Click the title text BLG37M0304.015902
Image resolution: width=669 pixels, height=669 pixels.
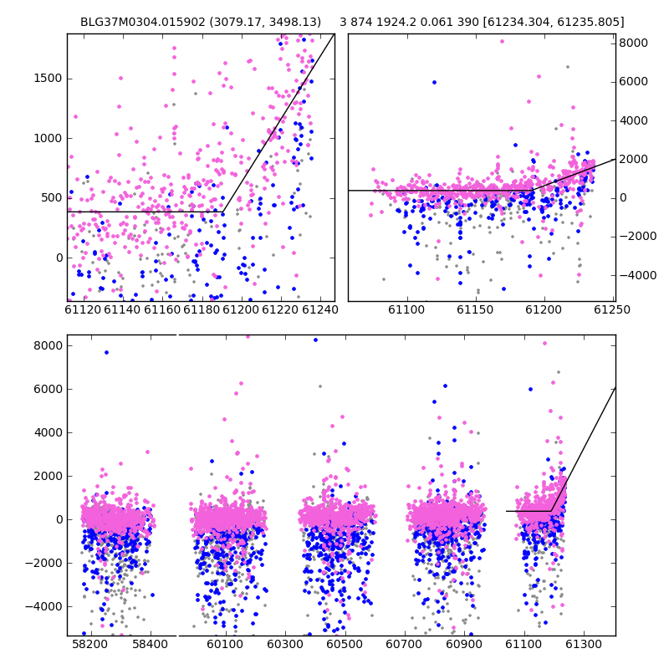pos(143,22)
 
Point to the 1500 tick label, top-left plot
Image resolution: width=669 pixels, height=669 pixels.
pos(48,79)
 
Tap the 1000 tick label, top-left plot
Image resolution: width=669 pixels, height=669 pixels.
pos(48,138)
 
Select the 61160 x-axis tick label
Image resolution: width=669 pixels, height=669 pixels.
pos(162,309)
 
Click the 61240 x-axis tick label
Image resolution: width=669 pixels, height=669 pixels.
pos(320,309)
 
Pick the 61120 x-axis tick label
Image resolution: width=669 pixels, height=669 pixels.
pos(83,309)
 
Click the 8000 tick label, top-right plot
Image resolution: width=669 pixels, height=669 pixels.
pos(634,43)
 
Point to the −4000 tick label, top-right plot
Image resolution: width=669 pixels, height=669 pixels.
pos(638,275)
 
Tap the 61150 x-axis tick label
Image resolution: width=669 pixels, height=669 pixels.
pos(475,309)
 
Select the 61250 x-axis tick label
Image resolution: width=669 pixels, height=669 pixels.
pos(612,309)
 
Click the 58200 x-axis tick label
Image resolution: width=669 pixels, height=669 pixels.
pos(89,644)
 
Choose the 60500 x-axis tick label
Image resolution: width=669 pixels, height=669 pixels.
pos(345,644)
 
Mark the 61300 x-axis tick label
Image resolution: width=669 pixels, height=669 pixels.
pos(583,644)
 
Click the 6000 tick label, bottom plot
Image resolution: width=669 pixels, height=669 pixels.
pos(48,389)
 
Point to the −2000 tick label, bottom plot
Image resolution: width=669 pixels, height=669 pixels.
pos(43,563)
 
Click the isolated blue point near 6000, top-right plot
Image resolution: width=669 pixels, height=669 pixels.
pos(434,82)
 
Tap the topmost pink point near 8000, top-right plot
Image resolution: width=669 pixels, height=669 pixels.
pos(503,41)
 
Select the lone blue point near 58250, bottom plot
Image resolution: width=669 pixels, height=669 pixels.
pos(107,352)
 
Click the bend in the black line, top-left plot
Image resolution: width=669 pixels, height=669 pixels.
pos(223,212)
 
